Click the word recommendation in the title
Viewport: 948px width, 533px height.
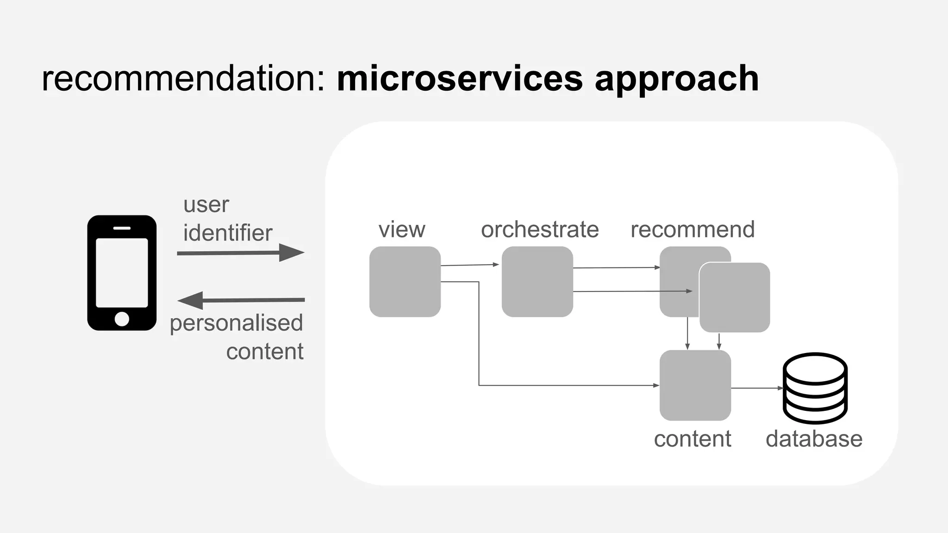183,79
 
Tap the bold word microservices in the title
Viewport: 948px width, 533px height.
459,79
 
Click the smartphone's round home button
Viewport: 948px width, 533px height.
122,319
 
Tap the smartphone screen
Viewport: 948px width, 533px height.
122,273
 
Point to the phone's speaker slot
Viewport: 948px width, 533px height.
122,228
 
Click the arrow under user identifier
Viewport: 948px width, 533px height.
240,253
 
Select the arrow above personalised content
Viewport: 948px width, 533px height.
240,300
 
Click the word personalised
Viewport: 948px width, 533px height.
236,323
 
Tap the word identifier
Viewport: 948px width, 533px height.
228,233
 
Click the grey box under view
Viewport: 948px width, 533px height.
405,282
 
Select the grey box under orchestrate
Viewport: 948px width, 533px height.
537,282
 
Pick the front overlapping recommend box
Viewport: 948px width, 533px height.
735,297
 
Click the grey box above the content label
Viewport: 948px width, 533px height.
695,385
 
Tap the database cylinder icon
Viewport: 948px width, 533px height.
815,388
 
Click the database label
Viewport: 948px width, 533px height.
814,439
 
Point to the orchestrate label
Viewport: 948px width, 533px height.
540,229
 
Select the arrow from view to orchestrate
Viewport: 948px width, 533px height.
469,265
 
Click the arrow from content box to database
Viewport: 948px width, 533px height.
756,388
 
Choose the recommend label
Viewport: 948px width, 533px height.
692,229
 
